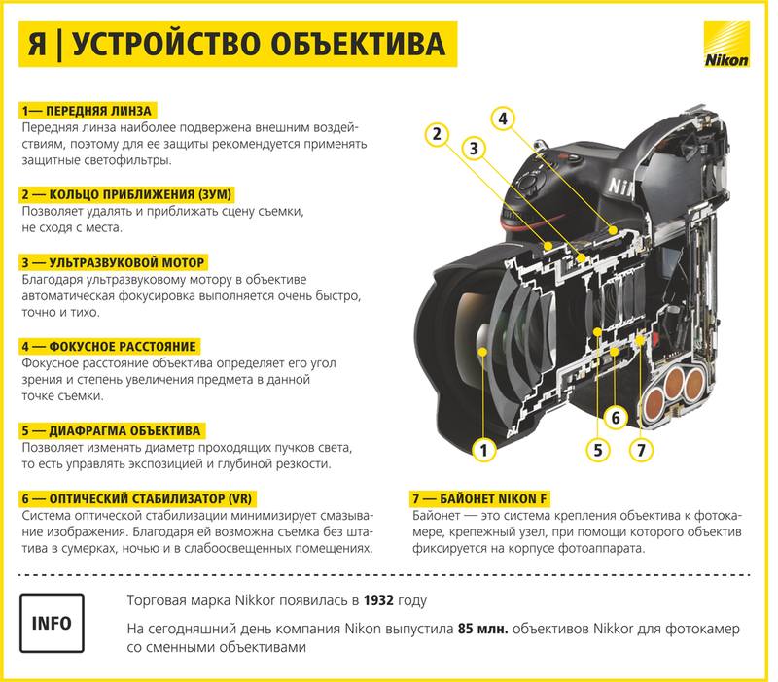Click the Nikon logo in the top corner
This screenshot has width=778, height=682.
click(x=725, y=46)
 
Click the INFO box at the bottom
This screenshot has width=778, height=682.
click(x=51, y=622)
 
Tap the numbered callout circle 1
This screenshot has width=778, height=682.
click(x=483, y=449)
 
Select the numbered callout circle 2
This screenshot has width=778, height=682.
click(x=438, y=134)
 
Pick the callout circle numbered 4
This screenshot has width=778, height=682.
click(x=502, y=119)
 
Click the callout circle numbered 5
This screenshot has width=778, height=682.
click(x=599, y=449)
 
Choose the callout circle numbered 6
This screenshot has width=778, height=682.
click(x=615, y=418)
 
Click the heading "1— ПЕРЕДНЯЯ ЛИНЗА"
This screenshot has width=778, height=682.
click(x=87, y=110)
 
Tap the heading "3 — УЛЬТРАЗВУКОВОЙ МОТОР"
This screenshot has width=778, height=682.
click(x=113, y=262)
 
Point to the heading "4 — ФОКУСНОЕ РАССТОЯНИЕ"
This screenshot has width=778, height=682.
click(x=108, y=346)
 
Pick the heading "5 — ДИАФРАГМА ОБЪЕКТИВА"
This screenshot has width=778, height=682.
click(x=111, y=429)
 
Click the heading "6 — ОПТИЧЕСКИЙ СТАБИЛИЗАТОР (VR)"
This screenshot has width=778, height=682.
click(x=136, y=498)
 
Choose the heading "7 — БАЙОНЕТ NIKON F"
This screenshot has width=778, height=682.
click(x=479, y=498)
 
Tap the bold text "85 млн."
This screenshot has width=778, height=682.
click(x=483, y=629)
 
